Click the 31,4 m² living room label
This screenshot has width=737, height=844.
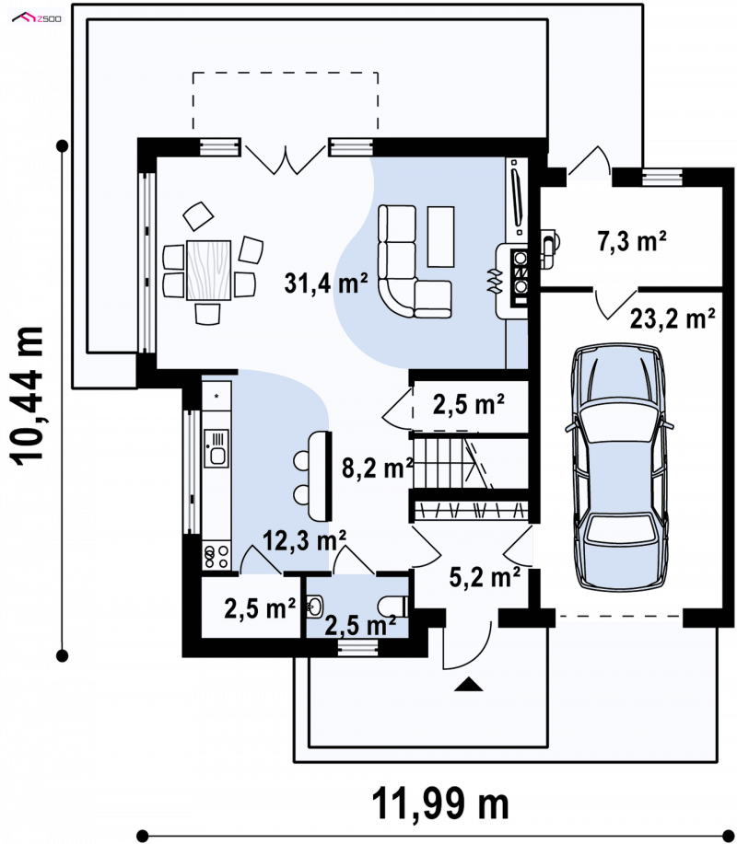(x=326, y=283)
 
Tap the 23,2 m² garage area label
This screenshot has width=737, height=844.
(x=673, y=318)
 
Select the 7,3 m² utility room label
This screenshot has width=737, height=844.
(x=632, y=241)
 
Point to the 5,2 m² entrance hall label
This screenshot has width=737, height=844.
(x=485, y=577)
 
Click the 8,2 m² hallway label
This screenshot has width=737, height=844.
(x=377, y=468)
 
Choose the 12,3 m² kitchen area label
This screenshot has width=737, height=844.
(x=304, y=540)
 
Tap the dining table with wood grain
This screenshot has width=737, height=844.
(x=209, y=271)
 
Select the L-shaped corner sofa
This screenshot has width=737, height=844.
(x=414, y=261)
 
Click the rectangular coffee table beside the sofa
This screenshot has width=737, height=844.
(x=440, y=237)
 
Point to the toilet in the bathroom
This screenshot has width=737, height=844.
(x=393, y=607)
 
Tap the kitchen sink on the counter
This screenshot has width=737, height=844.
(x=217, y=448)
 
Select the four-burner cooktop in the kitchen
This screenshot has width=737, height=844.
(x=216, y=556)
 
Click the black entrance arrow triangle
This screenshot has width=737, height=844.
(x=469, y=684)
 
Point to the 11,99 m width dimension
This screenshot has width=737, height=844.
(x=440, y=804)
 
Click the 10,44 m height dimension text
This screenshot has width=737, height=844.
(x=27, y=396)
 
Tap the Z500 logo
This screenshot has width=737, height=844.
(x=37, y=18)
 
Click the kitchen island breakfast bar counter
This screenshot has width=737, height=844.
(x=319, y=476)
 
